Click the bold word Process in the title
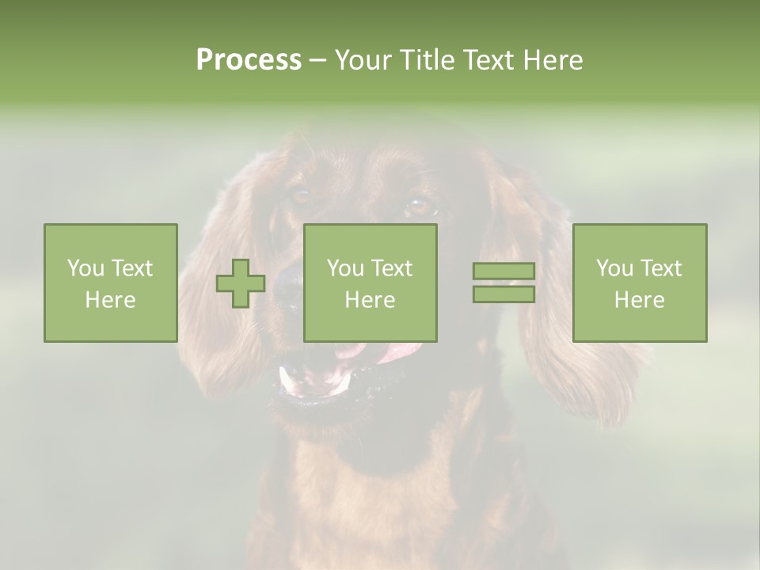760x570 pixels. point(249,60)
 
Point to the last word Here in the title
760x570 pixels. point(553,60)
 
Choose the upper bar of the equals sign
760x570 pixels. point(503,272)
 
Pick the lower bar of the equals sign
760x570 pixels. point(503,294)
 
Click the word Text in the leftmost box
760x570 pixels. point(131,268)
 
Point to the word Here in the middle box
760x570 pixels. point(370,300)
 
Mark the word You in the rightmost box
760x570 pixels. point(614,268)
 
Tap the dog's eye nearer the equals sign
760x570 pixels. point(420,207)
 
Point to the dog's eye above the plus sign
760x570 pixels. point(300,195)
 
